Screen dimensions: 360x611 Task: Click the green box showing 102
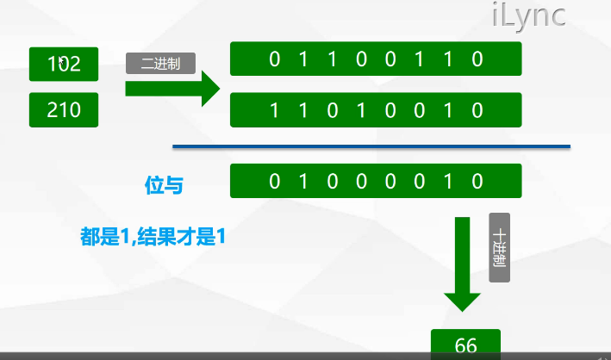click(x=64, y=63)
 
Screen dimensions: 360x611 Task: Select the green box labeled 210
click(x=64, y=110)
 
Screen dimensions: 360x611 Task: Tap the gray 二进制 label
click(x=161, y=63)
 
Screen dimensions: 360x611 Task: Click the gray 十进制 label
click(x=499, y=246)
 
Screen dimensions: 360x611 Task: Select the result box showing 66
click(x=465, y=344)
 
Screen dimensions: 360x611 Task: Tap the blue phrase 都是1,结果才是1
click(x=153, y=236)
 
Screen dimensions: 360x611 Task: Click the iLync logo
click(x=528, y=16)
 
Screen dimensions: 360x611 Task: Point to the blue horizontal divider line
click(x=371, y=146)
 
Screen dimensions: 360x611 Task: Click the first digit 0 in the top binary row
click(x=275, y=59)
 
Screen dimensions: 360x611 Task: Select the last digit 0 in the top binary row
click(x=477, y=59)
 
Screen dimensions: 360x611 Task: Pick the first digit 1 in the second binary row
click(x=275, y=110)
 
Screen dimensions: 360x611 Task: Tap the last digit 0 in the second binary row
click(x=477, y=110)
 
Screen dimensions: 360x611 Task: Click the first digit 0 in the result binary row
click(x=275, y=181)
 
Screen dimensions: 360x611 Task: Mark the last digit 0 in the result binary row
click(x=477, y=181)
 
